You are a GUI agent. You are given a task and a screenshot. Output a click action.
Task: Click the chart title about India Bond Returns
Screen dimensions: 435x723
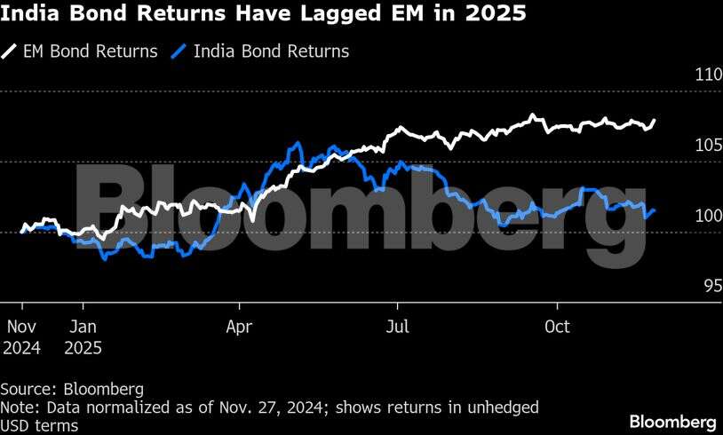[x=263, y=14]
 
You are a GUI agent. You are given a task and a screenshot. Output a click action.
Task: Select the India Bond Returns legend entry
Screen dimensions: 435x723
[x=272, y=51]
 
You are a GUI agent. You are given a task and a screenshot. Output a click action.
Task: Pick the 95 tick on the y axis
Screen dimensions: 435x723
[x=711, y=286]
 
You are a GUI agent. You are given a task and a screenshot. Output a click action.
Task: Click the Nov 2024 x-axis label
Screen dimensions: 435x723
[x=21, y=336]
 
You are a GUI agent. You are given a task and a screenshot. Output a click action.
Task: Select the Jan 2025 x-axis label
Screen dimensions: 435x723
[x=83, y=336]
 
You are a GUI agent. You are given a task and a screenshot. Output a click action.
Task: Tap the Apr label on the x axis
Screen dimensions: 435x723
[x=240, y=327]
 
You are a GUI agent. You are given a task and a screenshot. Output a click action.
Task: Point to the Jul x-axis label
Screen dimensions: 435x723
[x=398, y=327]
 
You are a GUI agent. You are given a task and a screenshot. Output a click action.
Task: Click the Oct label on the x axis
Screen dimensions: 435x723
[x=557, y=327]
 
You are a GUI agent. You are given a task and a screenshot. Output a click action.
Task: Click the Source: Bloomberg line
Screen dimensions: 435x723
[x=72, y=389]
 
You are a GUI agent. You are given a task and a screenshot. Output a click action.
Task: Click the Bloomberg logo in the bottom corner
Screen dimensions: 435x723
[x=672, y=419]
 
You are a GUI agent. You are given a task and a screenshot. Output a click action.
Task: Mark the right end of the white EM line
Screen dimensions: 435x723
[x=655, y=120]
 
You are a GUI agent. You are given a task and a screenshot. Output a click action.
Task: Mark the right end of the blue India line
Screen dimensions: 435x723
[x=655, y=210]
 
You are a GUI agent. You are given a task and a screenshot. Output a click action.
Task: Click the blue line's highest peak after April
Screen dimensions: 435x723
[x=297, y=143]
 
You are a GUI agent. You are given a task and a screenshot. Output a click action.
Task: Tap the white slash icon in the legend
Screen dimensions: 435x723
[x=10, y=51]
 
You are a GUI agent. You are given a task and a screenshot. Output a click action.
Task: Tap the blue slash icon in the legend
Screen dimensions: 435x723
[x=179, y=51]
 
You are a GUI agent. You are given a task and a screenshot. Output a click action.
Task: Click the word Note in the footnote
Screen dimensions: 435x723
[x=17, y=407]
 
